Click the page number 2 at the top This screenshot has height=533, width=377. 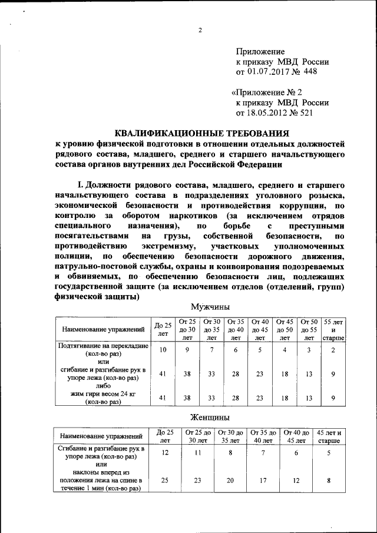[x=200, y=31]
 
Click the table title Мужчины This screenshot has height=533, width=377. [x=210, y=306]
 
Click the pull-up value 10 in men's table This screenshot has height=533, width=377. [x=163, y=350]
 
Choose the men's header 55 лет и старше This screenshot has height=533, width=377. [x=333, y=329]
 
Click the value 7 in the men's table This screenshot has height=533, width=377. [x=211, y=350]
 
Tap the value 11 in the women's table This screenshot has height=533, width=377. [x=198, y=453]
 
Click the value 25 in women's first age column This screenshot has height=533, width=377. [x=164, y=480]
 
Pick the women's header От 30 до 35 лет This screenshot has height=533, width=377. [x=232, y=436]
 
